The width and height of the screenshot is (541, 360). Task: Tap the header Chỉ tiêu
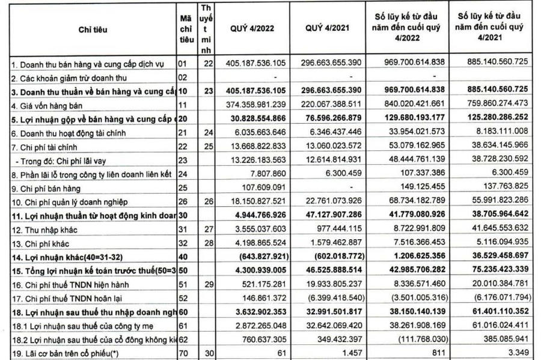click(88, 28)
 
